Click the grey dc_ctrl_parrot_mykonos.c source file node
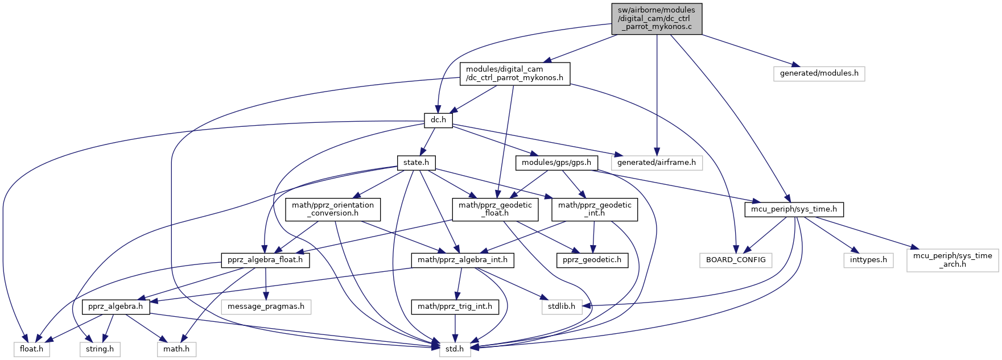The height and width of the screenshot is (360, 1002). [x=657, y=18]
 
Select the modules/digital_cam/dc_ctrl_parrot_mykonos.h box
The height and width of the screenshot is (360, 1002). [x=514, y=73]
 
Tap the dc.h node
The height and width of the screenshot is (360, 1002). [x=438, y=120]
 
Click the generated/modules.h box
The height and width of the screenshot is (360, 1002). [x=819, y=73]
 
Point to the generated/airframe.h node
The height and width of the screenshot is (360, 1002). [x=657, y=162]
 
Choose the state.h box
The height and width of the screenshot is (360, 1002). [x=416, y=162]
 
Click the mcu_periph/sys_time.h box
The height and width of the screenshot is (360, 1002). [x=794, y=209]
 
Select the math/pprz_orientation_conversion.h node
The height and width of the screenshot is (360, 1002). [x=333, y=209]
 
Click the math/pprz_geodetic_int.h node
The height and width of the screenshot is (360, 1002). [x=595, y=209]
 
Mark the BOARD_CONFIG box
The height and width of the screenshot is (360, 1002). [x=736, y=260]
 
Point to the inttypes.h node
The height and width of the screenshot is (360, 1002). [x=868, y=260]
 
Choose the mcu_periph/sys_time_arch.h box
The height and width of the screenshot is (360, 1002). [x=952, y=260]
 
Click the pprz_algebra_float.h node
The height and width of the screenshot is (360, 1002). [x=266, y=260]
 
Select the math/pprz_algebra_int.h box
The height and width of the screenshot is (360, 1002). [x=463, y=260]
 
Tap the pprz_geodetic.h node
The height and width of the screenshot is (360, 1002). [x=592, y=260]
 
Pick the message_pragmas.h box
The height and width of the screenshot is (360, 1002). [x=266, y=307]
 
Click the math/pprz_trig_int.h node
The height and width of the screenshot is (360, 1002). [x=455, y=307]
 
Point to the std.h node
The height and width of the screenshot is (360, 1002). [x=455, y=349]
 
